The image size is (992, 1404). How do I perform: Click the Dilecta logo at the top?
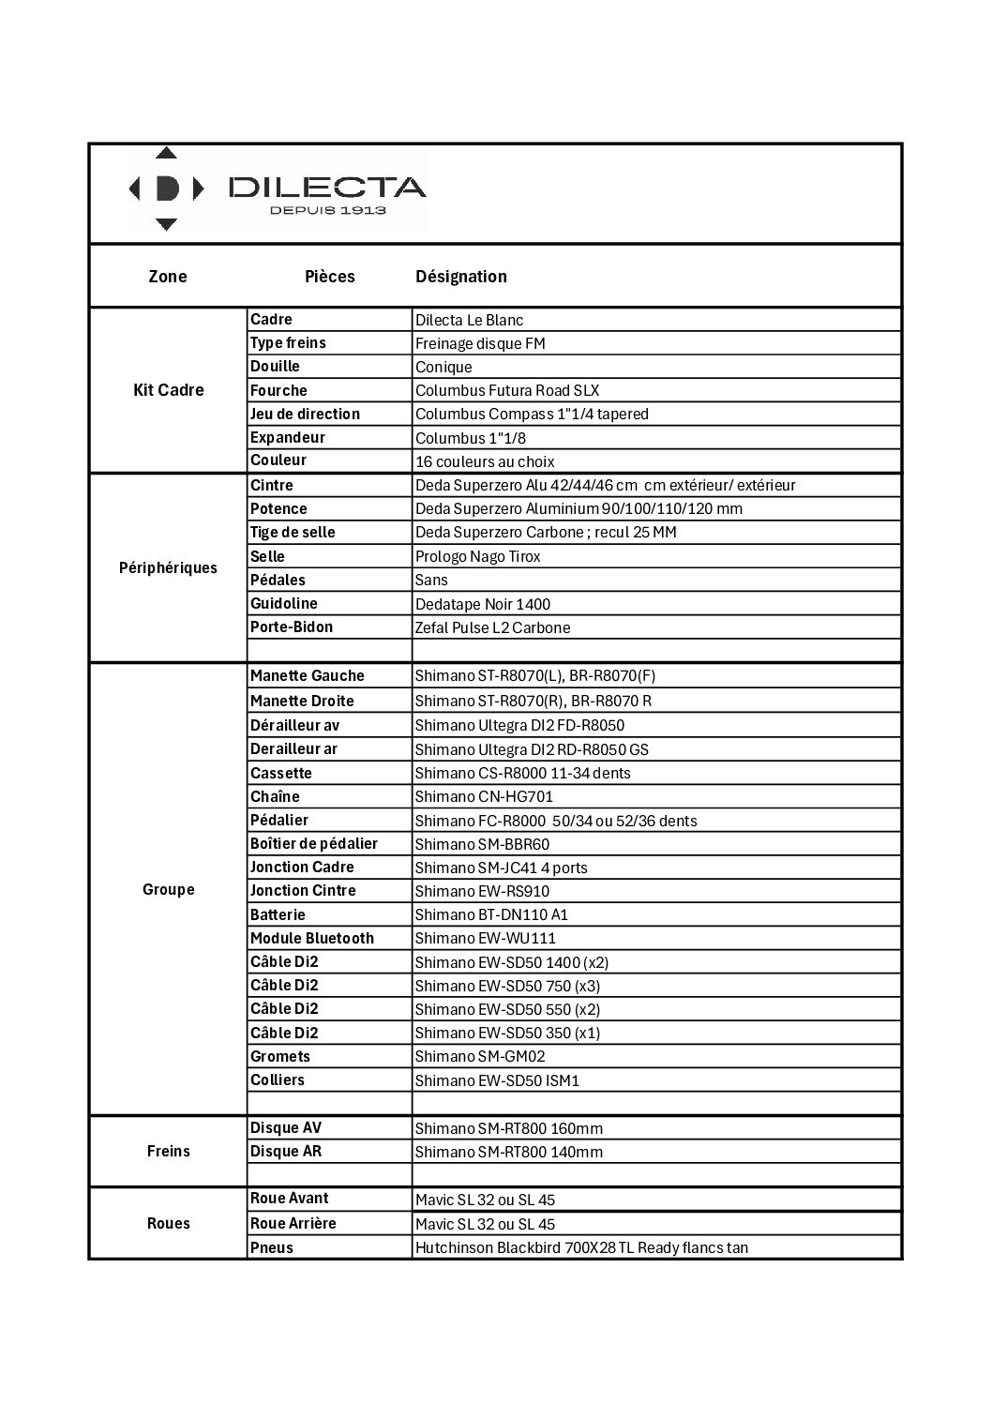click(x=277, y=189)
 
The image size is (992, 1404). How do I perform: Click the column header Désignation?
click(x=461, y=277)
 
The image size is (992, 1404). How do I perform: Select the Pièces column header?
click(x=330, y=277)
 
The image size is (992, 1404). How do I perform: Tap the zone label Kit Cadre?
click(x=169, y=390)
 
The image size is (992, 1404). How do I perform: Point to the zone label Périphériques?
click(x=169, y=568)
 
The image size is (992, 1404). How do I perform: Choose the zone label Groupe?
click(x=169, y=889)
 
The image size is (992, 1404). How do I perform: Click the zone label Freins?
click(x=169, y=1151)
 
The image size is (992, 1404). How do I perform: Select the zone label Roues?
click(x=169, y=1223)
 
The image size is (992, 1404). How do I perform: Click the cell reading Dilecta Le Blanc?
click(x=470, y=320)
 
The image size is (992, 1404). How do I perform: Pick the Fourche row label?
click(x=278, y=390)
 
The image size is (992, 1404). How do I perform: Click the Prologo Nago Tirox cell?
click(x=478, y=556)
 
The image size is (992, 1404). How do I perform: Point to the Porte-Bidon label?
click(x=292, y=627)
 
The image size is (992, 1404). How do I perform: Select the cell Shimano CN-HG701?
click(x=484, y=796)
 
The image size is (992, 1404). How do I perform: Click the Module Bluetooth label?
click(x=312, y=938)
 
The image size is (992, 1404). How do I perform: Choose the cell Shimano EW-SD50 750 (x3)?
click(x=507, y=986)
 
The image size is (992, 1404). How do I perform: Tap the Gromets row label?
click(x=280, y=1056)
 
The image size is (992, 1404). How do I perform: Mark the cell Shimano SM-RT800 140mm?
click(x=509, y=1152)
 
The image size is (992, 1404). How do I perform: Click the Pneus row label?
click(x=272, y=1247)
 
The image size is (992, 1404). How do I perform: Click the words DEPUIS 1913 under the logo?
click(x=327, y=210)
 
